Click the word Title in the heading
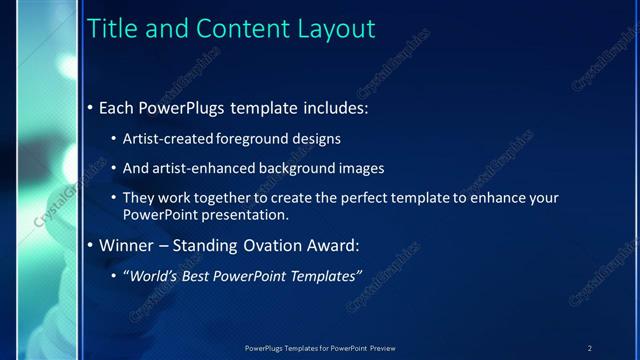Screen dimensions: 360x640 [x=113, y=30]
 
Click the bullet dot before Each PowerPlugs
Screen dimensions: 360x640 [x=91, y=107]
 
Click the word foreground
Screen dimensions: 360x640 [x=253, y=139]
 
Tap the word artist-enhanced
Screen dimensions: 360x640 [x=202, y=169]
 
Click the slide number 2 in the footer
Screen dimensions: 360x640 [x=589, y=348]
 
